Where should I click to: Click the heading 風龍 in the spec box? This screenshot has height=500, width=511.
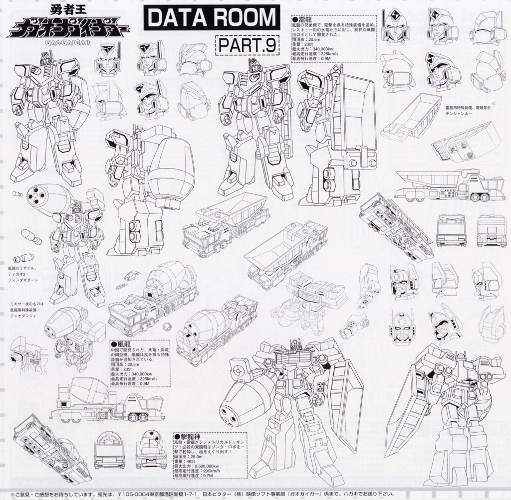(x=124, y=344)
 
